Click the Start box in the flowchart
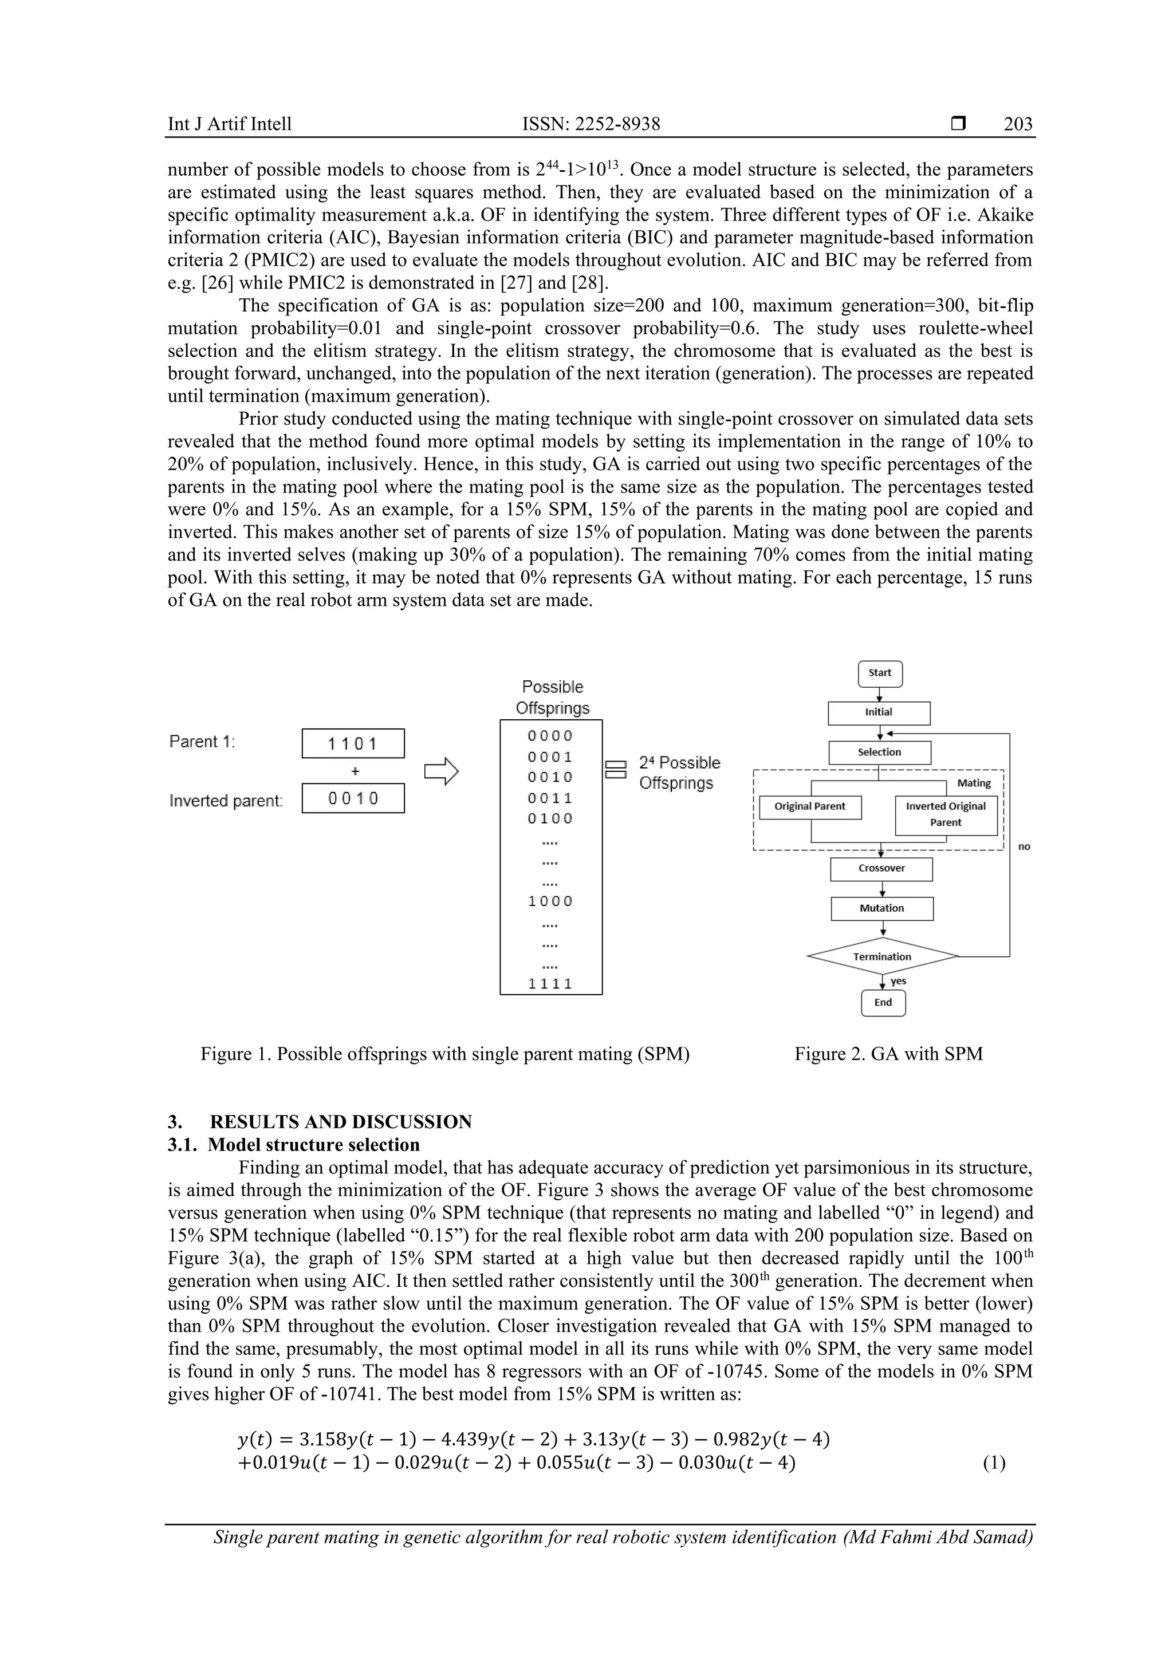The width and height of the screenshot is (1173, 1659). [x=880, y=673]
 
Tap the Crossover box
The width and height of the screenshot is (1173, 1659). [x=881, y=869]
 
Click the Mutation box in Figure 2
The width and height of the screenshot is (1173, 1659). [x=881, y=908]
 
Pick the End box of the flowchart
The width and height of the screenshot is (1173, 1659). [x=883, y=1002]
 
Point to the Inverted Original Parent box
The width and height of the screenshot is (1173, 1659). [x=946, y=814]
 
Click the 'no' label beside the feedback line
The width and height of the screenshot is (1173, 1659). [x=1024, y=846]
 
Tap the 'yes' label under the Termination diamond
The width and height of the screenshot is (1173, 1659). [x=898, y=980]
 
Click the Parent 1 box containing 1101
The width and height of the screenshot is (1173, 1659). [x=353, y=743]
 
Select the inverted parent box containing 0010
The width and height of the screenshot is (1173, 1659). [x=353, y=798]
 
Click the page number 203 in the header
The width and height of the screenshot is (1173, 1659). [x=1018, y=124]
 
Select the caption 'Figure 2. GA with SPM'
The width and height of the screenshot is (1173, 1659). [x=888, y=1054]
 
